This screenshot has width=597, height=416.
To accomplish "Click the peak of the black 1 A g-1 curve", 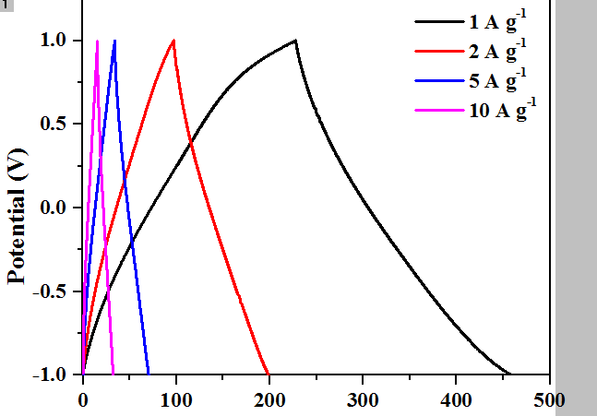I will coord(295,41).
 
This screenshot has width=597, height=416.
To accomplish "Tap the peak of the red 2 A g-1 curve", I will coord(173,41).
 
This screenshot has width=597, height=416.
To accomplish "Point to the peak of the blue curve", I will coord(114,41).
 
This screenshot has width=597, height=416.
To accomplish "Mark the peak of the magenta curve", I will coord(97,41).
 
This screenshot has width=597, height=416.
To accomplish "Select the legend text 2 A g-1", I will coord(497,50).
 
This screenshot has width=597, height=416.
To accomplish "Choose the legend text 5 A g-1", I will coord(497,80).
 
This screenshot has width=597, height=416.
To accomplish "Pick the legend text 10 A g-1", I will coord(502,111).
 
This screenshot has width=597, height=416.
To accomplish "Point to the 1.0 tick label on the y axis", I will coord(54,41).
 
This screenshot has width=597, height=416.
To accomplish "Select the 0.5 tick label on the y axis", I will coord(54,125).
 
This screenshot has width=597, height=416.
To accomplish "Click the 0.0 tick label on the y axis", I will coord(54,208).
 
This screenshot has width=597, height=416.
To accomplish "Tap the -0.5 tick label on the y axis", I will coord(50,291).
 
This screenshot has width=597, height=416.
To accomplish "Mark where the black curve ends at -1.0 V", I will coord(510,374).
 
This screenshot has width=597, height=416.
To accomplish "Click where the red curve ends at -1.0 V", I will coord(269,374).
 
